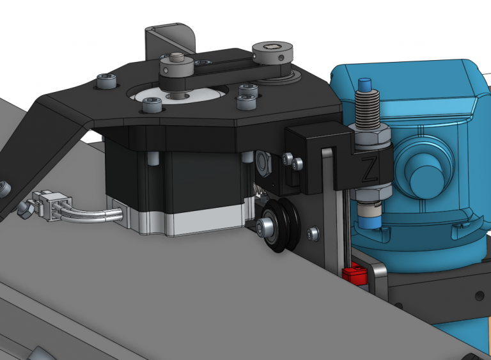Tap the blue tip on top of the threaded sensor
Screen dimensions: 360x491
(366, 84)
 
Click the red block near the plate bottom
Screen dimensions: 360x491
(353, 276)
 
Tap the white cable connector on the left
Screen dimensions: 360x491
(49, 205)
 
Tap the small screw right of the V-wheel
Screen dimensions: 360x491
(313, 234)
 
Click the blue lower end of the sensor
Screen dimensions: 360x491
(370, 221)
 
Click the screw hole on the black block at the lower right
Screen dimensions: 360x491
(478, 295)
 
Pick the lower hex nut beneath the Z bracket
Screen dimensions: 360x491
(371, 191)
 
